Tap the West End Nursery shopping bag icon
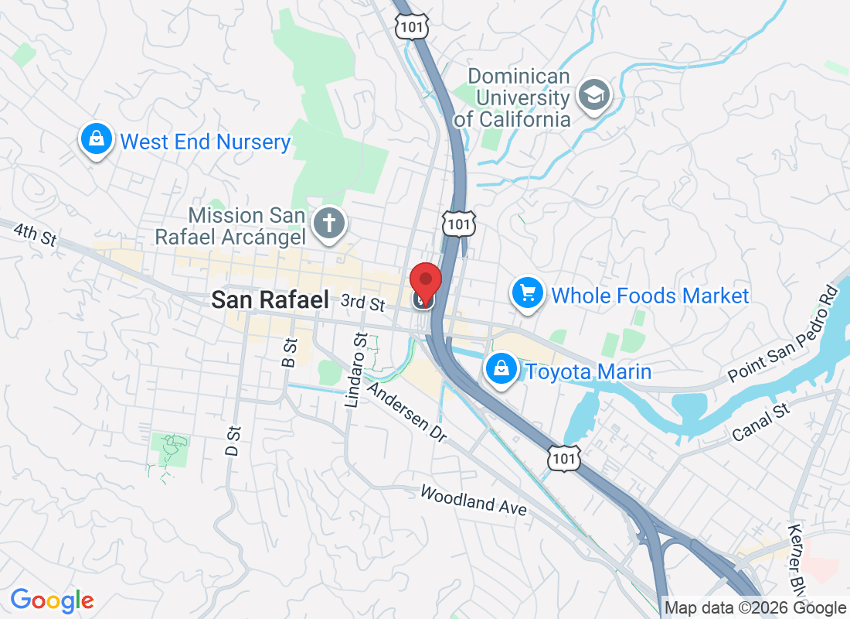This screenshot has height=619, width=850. click(96, 140)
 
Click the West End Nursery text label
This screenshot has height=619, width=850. click(206, 142)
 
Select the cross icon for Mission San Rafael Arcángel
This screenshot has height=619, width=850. click(329, 224)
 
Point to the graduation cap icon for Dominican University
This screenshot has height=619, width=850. click(594, 96)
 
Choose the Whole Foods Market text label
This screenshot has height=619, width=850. click(650, 296)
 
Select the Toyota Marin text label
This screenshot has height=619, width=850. click(588, 372)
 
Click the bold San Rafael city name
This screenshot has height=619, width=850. click(270, 299)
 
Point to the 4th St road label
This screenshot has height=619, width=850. click(36, 234)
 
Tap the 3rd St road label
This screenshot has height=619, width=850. click(362, 301)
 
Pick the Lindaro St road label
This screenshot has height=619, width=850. click(355, 369)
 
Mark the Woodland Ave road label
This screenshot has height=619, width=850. click(474, 501)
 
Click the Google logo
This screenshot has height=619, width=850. click(53, 600)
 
